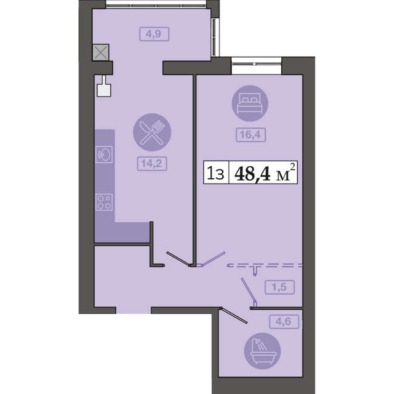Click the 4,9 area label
tap(155, 34)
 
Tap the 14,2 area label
tap(152, 164)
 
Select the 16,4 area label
tap(251, 135)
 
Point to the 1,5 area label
tap(279, 287)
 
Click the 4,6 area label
tap(284, 321)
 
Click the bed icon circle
tap(250, 103)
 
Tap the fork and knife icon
tap(152, 132)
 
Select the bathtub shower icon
tap(262, 351)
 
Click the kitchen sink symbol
tap(104, 155)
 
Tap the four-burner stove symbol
tap(104, 202)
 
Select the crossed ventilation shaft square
tap(101, 53)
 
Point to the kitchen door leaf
tap(178, 259)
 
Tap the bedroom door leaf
tap(213, 258)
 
